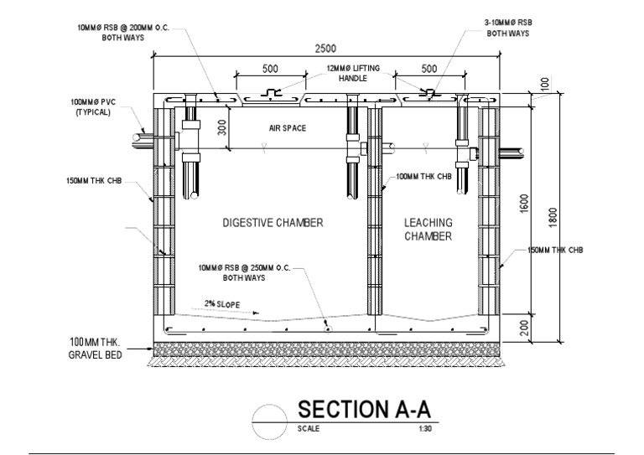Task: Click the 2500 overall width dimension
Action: click(x=326, y=49)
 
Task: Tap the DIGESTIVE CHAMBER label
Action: click(x=273, y=223)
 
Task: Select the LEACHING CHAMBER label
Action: click(x=428, y=229)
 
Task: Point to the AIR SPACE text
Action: click(x=288, y=128)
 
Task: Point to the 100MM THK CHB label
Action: click(x=423, y=177)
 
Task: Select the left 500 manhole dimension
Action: click(x=270, y=69)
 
